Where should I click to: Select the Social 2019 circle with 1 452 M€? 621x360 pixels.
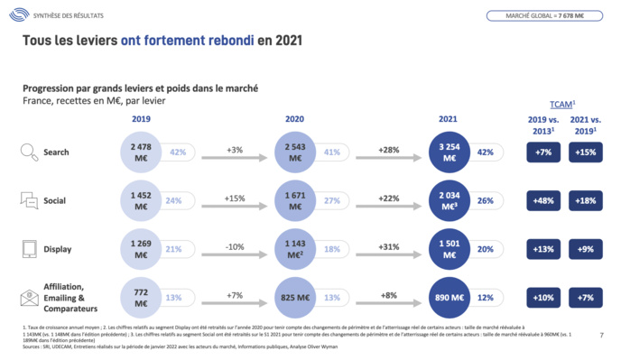pyautogui.click(x=141, y=200)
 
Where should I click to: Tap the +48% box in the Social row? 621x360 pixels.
pyautogui.click(x=543, y=200)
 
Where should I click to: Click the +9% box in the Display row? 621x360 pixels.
pyautogui.click(x=586, y=249)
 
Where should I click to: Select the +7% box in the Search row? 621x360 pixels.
pyautogui.click(x=543, y=152)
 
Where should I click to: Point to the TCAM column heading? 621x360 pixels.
pyautogui.click(x=563, y=104)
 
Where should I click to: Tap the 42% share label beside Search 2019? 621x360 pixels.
pyautogui.click(x=177, y=152)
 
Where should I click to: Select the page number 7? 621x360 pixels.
pyautogui.click(x=601, y=336)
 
